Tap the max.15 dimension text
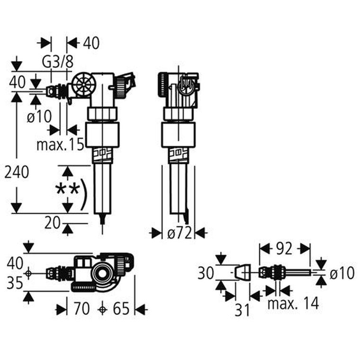coord(60,144)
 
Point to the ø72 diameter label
coord(179,233)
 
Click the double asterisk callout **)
coord(71,191)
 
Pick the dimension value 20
coord(54,222)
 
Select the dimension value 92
coord(284,248)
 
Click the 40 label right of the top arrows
coord(90,43)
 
